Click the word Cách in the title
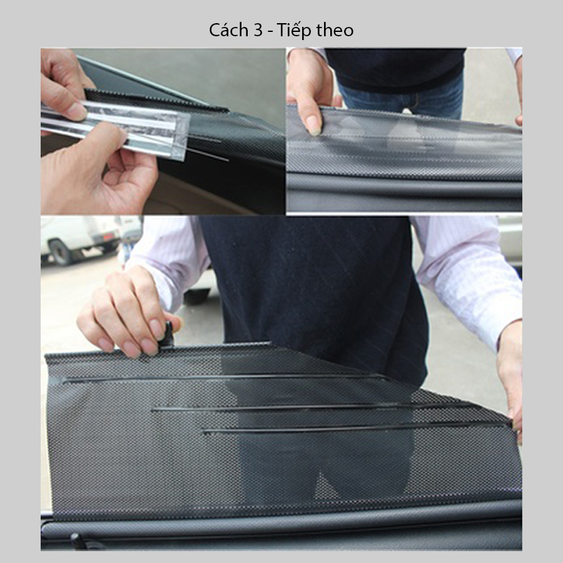pyautogui.click(x=229, y=30)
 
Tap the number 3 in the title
pyautogui.click(x=258, y=30)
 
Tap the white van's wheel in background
pyautogui.click(x=61, y=253)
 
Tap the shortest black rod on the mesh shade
pyautogui.click(x=355, y=428)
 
